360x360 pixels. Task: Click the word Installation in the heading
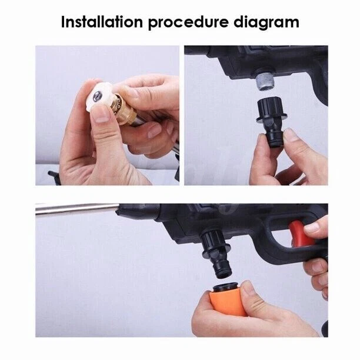[102, 22]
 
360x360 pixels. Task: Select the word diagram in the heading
[266, 23]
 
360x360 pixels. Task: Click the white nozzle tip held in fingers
[100, 96]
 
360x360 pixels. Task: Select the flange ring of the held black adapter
[272, 116]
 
